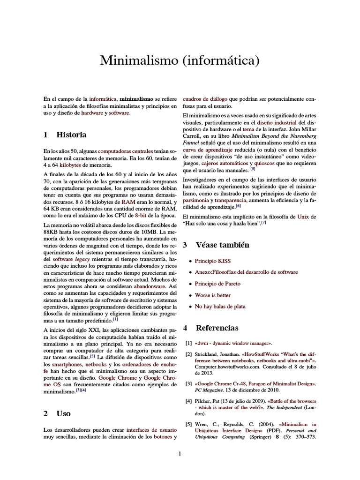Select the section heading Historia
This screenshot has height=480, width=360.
(x=71, y=135)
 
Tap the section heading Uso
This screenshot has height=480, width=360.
(x=63, y=413)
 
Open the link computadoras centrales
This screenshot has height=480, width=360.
(x=125, y=151)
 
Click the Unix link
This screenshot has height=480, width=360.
(x=303, y=217)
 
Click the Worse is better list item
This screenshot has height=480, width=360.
(x=213, y=295)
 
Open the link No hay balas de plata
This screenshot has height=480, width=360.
(x=220, y=307)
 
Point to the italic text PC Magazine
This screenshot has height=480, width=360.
(x=210, y=390)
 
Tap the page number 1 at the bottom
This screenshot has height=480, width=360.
(x=180, y=453)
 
